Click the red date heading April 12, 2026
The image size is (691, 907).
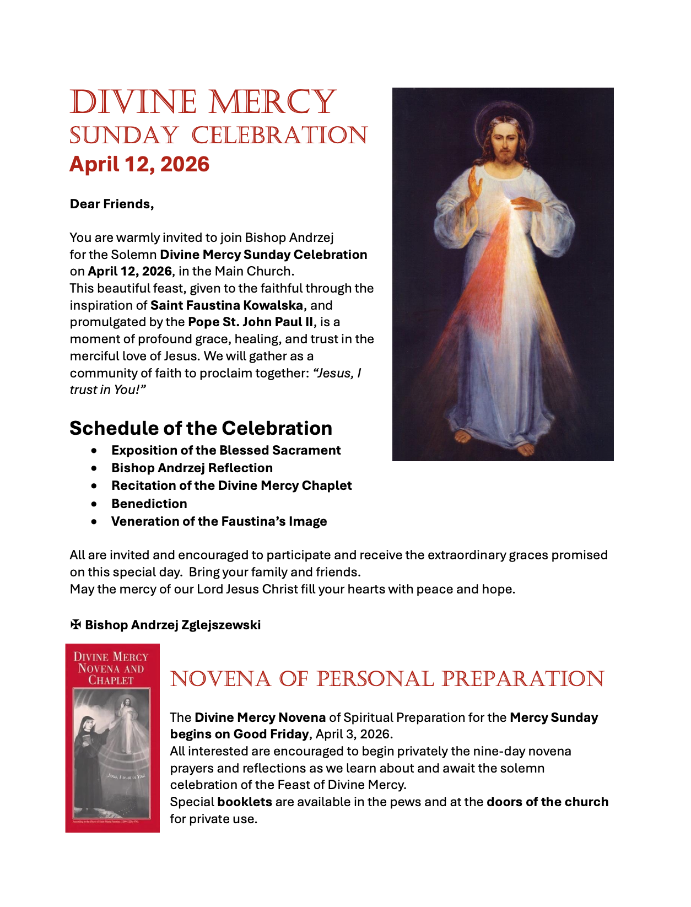139,164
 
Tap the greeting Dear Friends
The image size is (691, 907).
112,204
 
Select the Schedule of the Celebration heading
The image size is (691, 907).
201,428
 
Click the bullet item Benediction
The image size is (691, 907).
149,504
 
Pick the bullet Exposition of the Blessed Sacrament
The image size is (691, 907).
226,450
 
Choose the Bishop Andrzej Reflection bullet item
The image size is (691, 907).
192,468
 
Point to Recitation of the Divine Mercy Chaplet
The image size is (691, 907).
231,485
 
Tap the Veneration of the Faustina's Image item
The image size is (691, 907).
219,521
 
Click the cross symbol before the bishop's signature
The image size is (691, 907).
75,625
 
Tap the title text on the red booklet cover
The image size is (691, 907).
111,668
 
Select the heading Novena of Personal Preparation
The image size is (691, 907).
387,679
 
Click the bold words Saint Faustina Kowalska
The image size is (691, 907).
226,305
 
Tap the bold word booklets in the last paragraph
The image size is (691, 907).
245,802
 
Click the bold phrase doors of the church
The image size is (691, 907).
547,802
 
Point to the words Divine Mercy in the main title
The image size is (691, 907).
203,102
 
